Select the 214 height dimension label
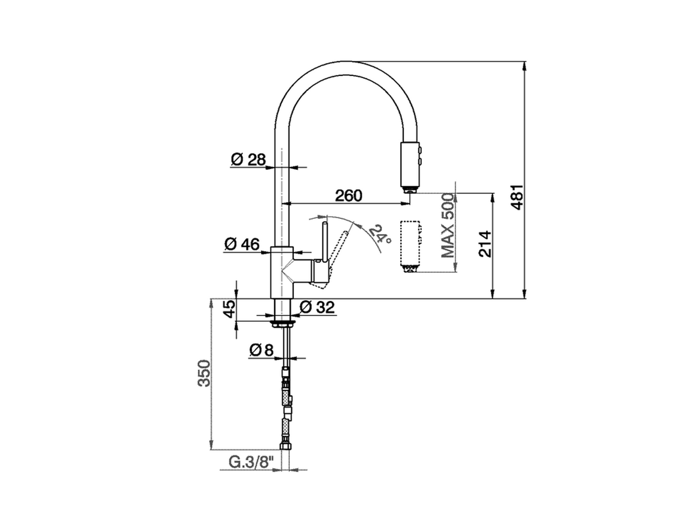485,244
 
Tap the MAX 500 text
447,225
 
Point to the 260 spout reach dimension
348,195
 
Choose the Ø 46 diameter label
242,245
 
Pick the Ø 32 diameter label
317,307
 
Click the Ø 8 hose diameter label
261,351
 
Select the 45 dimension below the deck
229,309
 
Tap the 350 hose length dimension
203,373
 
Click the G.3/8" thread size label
251,462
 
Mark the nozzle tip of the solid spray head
409,188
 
